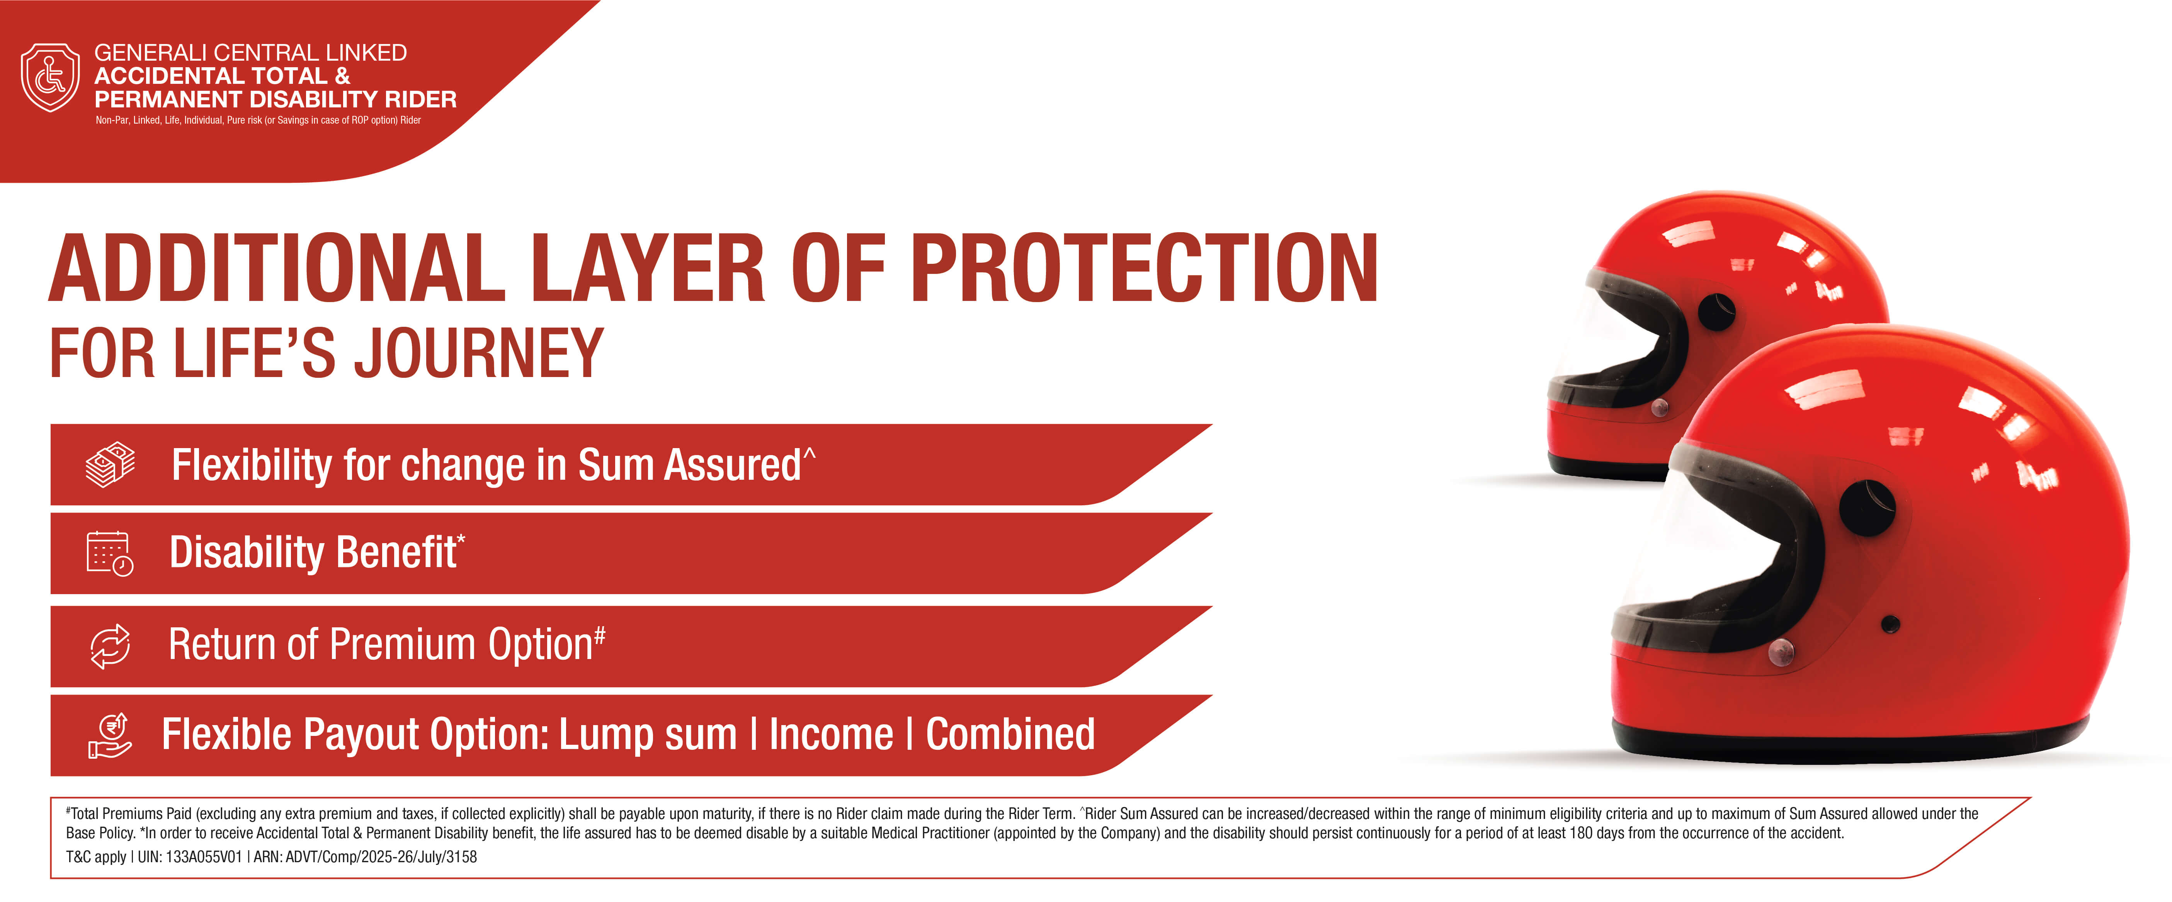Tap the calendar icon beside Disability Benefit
pos(110,554)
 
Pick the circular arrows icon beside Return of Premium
pos(111,646)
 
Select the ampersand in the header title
pos(342,76)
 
